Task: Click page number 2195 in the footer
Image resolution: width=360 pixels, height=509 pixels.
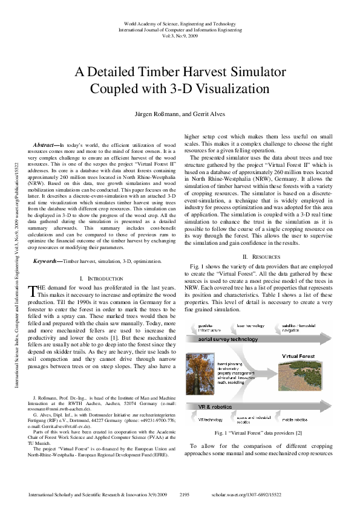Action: pos(188,494)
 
